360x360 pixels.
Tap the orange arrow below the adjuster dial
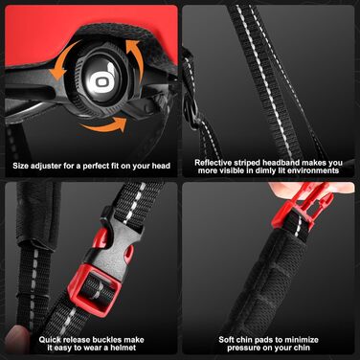click(x=103, y=126)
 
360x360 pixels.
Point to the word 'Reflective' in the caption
click(x=213, y=163)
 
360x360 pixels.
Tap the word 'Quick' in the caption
click(x=50, y=340)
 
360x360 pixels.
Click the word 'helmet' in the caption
click(x=124, y=348)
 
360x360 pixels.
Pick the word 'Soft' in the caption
click(x=226, y=340)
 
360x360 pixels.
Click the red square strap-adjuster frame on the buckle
click(x=95, y=291)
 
